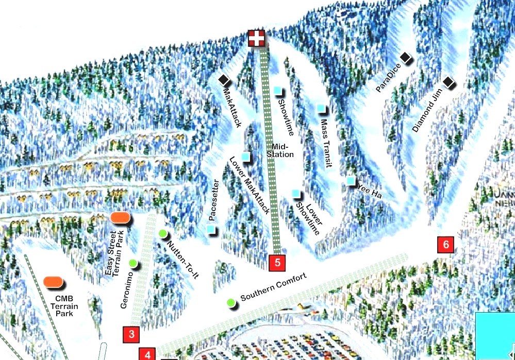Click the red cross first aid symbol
[256, 38]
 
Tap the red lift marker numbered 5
[277, 263]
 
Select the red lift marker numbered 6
[445, 244]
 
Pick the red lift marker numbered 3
[131, 334]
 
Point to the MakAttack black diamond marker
[224, 80]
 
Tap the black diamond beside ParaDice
[406, 58]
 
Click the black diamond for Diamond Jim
[448, 82]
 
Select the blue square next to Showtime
[278, 91]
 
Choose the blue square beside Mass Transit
[322, 109]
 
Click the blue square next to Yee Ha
[351, 180]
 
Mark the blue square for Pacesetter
[211, 228]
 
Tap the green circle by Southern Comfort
[230, 302]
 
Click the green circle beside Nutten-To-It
[163, 234]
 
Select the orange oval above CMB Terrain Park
[53, 282]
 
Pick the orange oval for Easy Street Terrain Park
[120, 217]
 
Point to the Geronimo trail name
[126, 290]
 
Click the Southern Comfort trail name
[273, 287]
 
